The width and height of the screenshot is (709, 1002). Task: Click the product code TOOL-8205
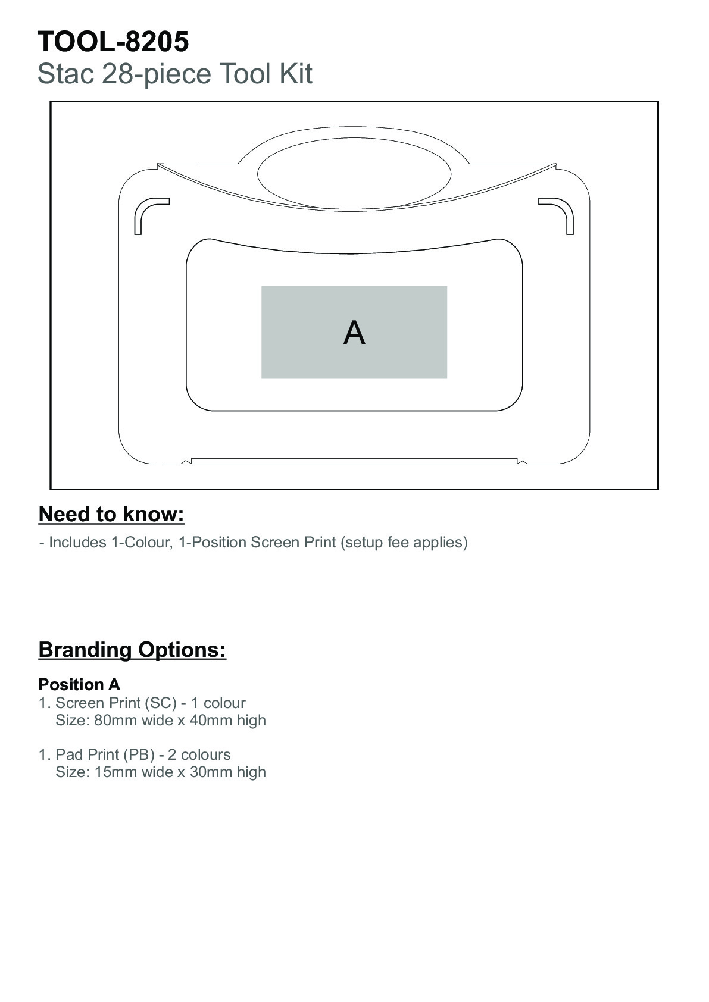113,42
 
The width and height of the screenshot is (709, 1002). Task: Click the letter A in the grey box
354,333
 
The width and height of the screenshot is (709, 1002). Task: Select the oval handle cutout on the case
354,174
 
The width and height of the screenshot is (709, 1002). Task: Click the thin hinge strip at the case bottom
354,461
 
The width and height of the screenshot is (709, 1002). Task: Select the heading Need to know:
111,514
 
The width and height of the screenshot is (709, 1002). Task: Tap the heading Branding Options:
132,649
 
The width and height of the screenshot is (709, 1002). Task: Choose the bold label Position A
79,684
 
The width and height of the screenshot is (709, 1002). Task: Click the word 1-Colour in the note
142,542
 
